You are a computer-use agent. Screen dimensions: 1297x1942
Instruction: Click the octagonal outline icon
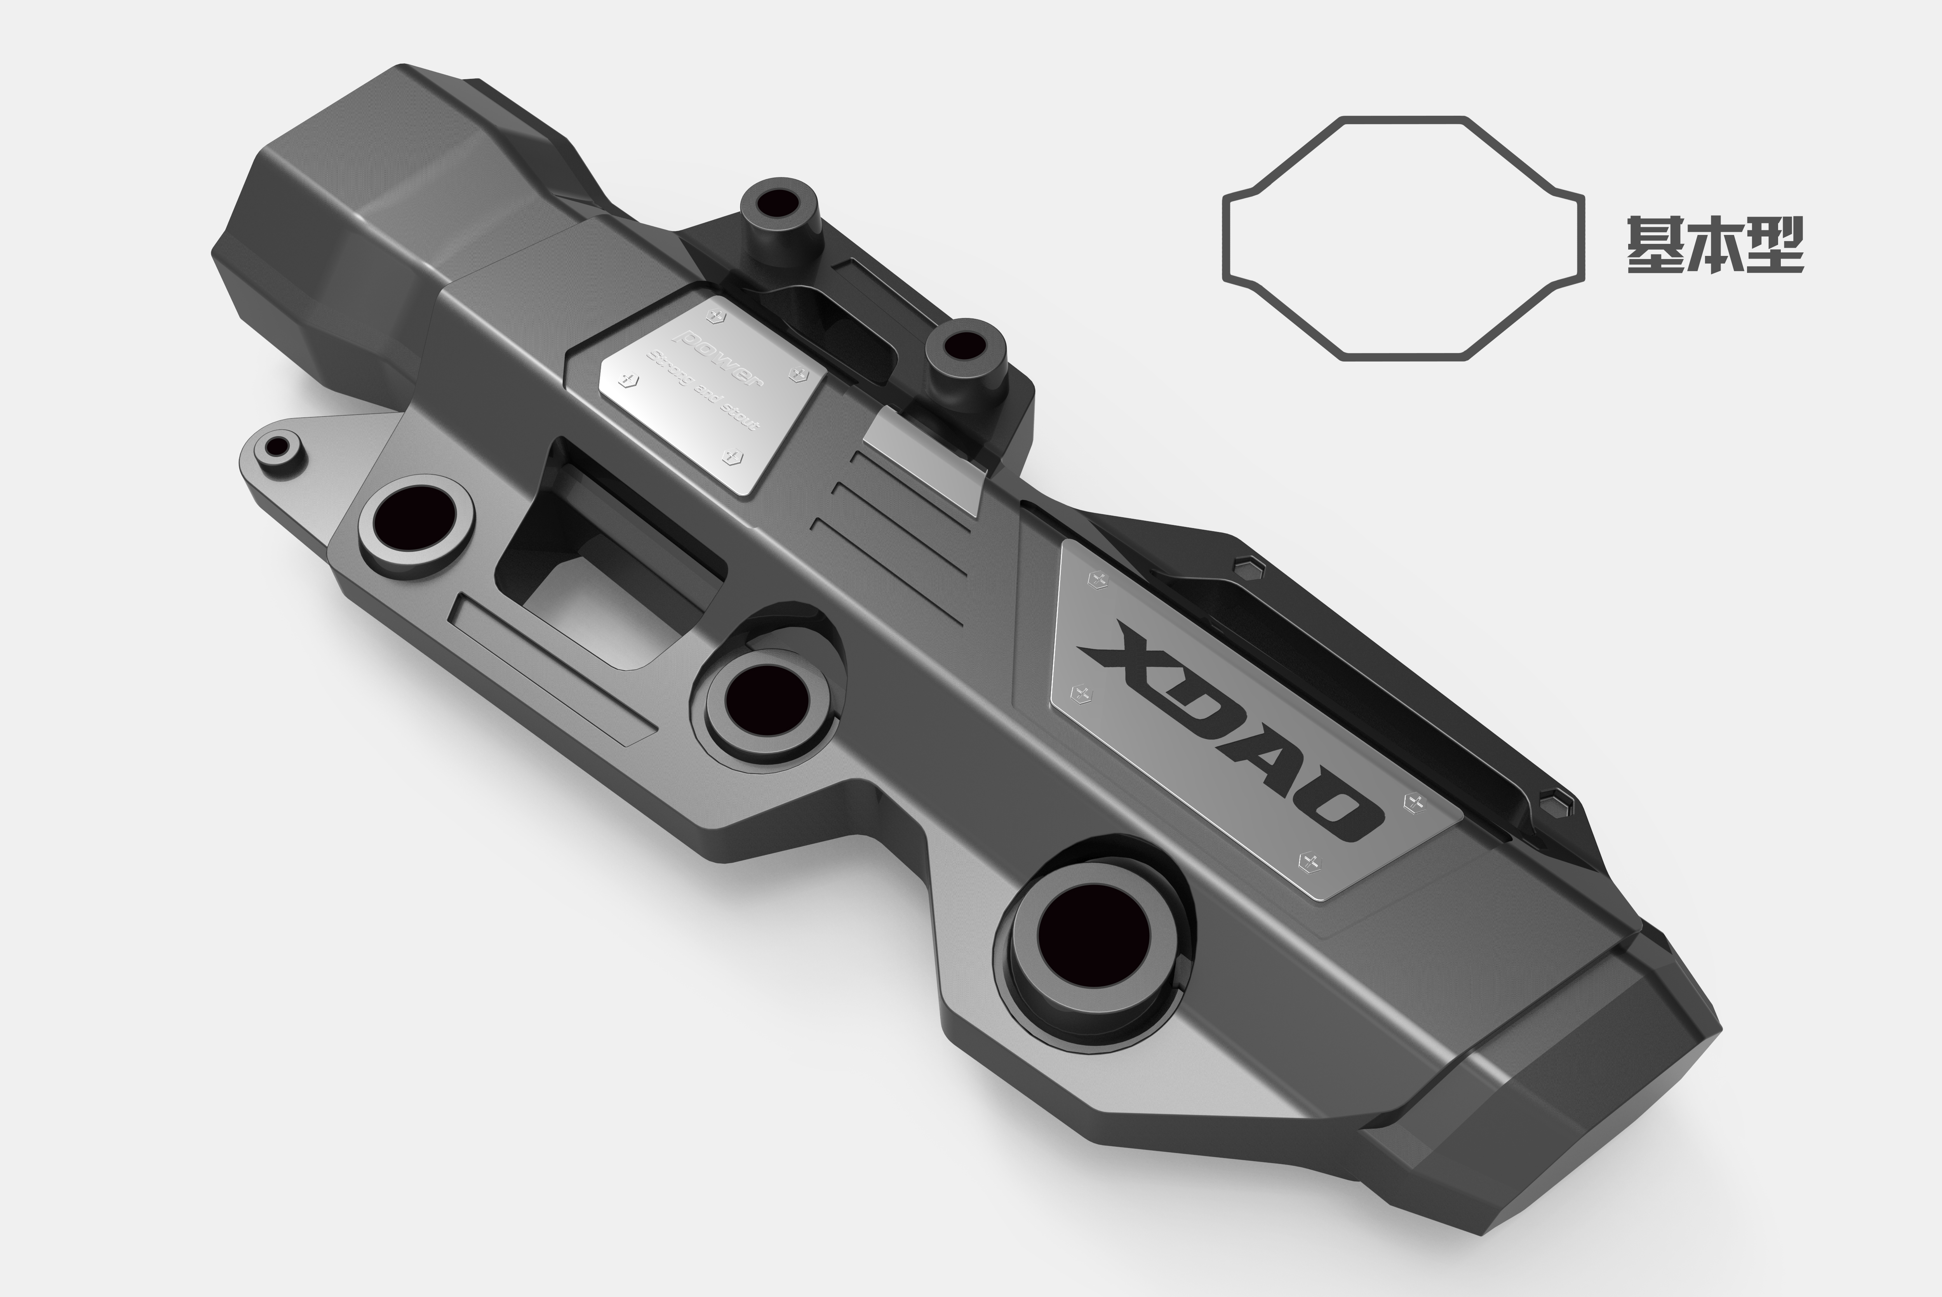(1403, 237)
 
